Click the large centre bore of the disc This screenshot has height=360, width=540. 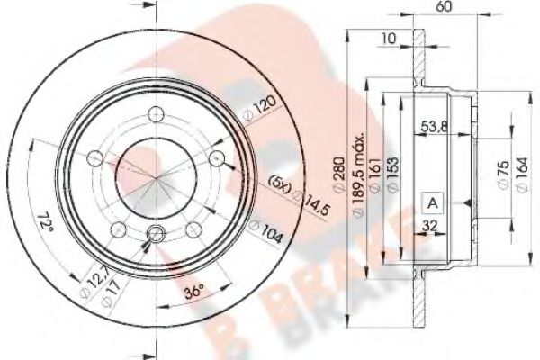click(156, 175)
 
